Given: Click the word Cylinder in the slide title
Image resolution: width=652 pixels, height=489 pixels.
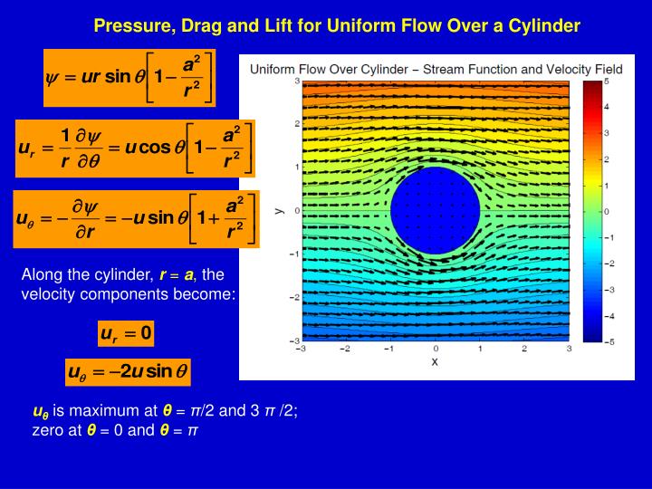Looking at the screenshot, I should [544, 25].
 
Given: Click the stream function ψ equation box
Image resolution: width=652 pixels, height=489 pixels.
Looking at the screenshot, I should [129, 77].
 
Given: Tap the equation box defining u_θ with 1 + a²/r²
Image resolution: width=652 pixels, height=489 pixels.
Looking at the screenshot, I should [137, 219].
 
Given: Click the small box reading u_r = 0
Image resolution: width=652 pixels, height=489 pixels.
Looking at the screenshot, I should [127, 333].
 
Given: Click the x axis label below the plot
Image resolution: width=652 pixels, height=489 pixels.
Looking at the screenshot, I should [435, 361].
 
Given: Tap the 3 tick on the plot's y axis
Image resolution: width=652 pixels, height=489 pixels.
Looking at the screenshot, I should [295, 81].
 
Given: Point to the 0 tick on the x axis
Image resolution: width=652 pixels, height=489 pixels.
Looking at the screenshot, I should [435, 349].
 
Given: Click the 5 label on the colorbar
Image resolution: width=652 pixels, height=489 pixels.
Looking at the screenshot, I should [607, 81].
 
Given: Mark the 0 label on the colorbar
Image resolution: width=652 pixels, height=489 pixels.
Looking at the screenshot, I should [607, 211].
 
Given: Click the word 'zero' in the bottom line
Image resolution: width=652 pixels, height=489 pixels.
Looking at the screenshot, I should [46, 429].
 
